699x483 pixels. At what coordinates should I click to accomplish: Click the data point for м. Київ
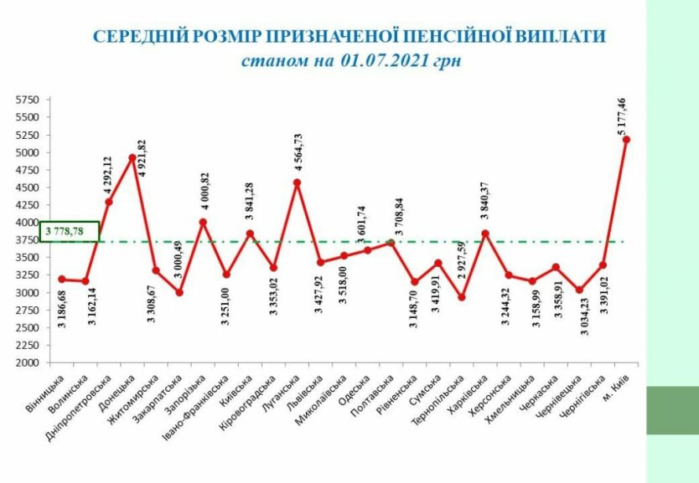click(626, 139)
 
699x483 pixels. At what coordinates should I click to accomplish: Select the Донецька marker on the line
click(132, 157)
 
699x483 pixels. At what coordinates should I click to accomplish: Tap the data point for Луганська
click(297, 182)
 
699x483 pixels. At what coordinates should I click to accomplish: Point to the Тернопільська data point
click(462, 297)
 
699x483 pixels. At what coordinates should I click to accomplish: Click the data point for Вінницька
click(62, 279)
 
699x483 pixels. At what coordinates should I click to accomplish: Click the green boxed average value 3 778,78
click(70, 231)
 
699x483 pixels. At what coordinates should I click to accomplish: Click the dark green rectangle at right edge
click(672, 409)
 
